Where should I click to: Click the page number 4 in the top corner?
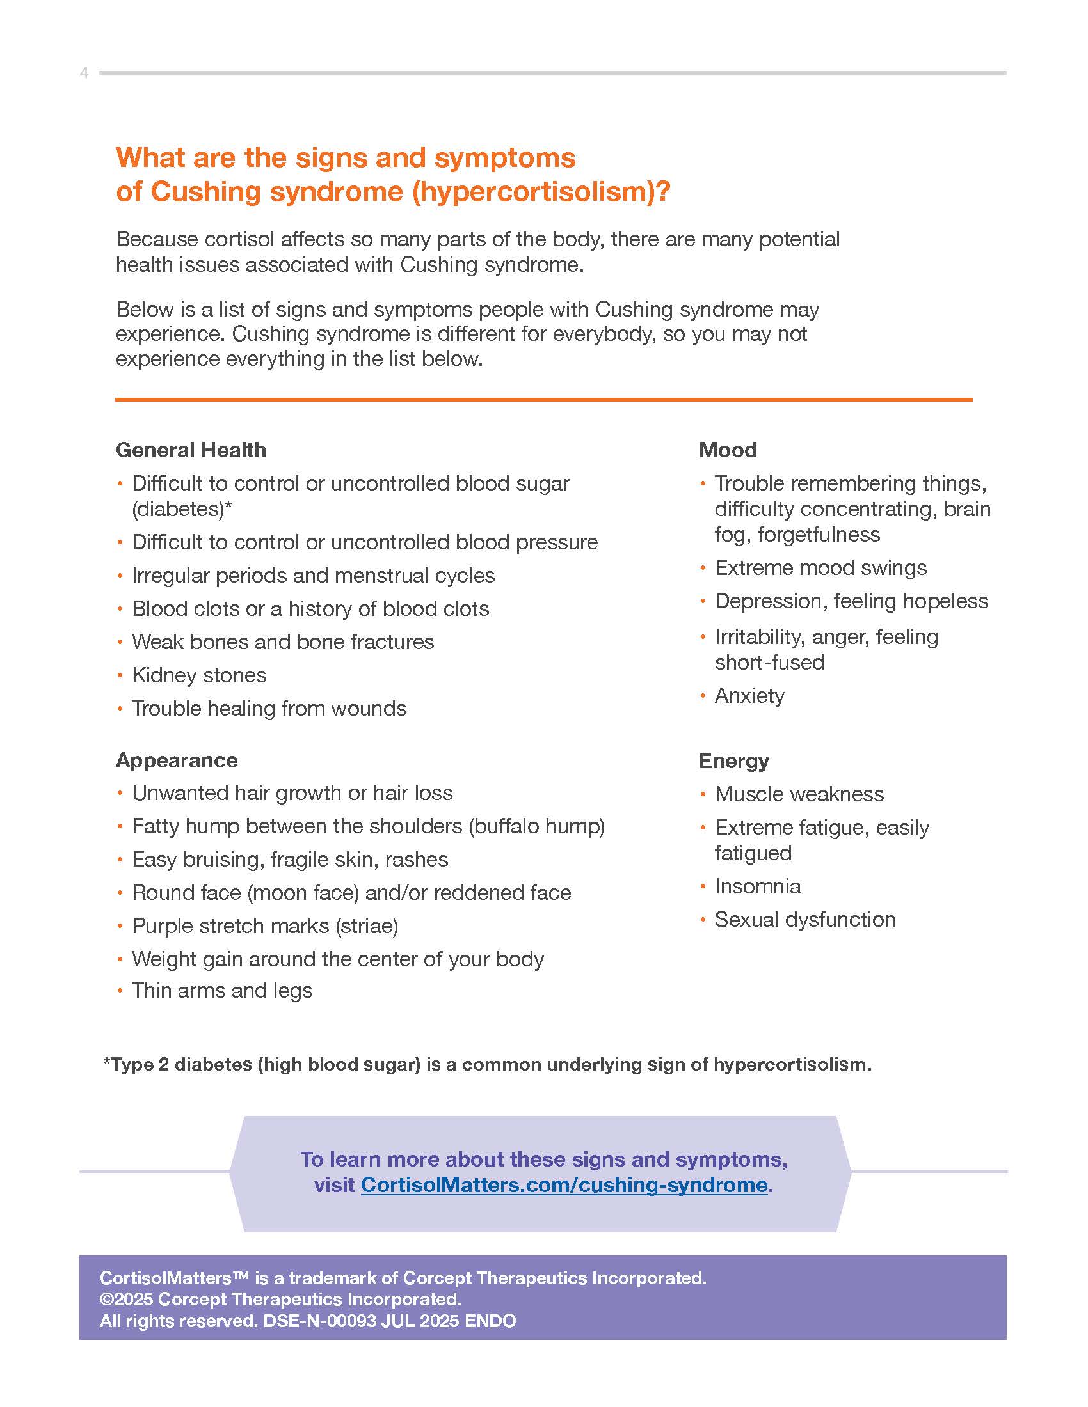point(84,73)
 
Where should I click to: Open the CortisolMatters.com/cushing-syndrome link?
point(564,1184)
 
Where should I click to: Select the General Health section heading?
point(191,450)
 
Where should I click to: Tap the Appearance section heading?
point(177,760)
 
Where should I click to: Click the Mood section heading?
point(728,450)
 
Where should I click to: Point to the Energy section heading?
point(733,761)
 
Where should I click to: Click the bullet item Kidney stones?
point(198,675)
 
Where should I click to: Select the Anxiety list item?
point(749,696)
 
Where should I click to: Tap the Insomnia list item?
point(758,886)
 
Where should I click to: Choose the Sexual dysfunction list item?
point(805,919)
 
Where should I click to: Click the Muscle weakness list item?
point(799,794)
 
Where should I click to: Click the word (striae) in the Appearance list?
point(366,926)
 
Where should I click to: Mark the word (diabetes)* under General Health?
point(182,509)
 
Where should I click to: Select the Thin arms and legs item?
point(221,990)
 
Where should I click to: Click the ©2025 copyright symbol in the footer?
point(106,1300)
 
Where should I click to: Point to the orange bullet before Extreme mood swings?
point(703,567)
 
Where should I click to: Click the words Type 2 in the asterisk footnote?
point(140,1064)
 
